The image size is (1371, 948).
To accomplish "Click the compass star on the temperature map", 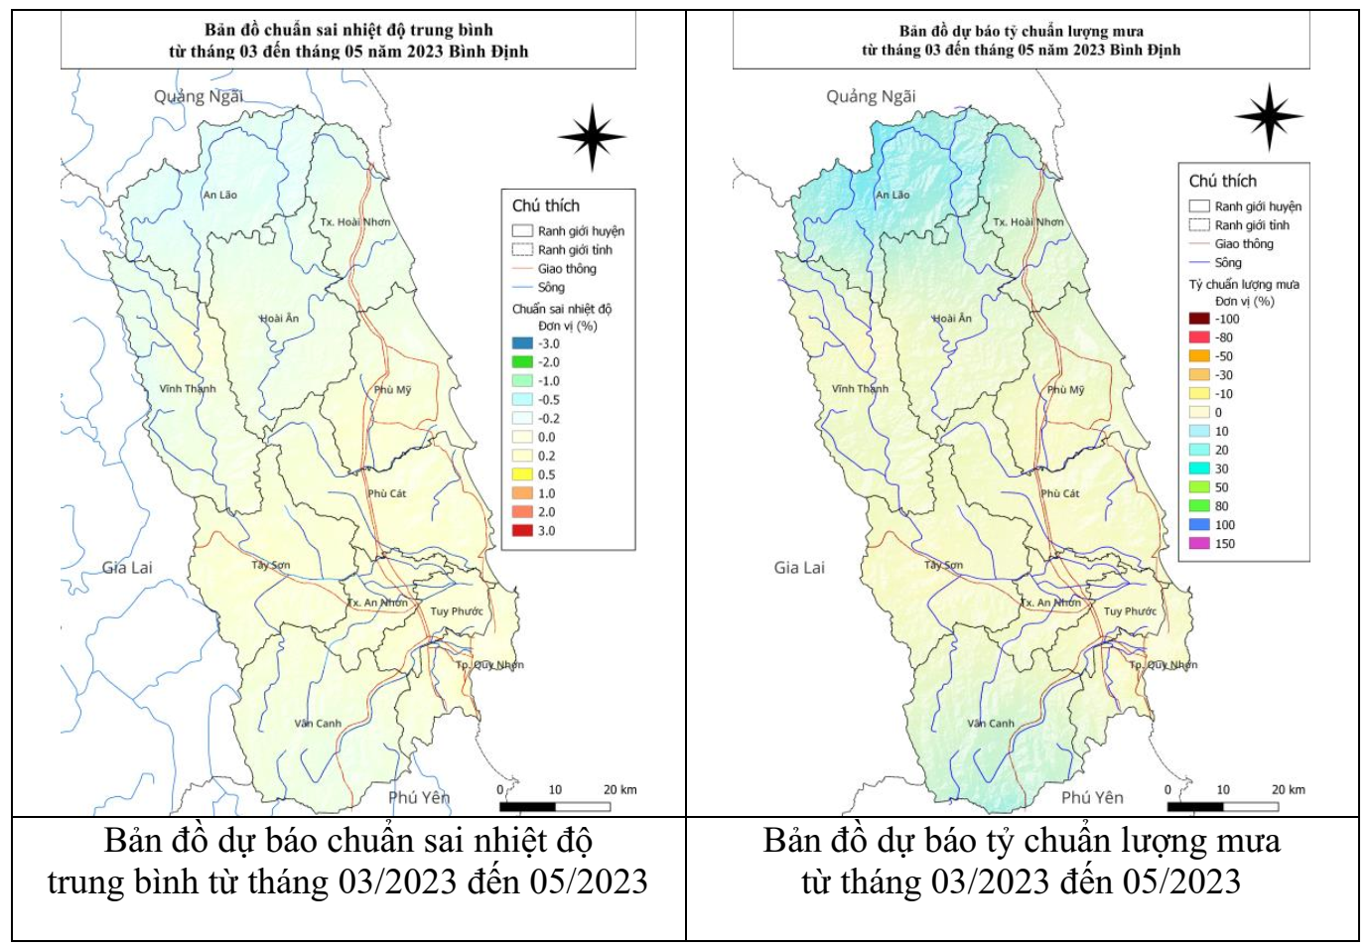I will [x=592, y=137].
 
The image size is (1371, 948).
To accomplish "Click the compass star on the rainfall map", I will [x=1269, y=117].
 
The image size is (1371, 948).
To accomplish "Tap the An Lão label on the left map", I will [x=219, y=195].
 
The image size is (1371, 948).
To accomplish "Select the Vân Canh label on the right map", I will [x=991, y=724].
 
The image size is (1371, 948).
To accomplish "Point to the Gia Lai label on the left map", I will [x=127, y=568].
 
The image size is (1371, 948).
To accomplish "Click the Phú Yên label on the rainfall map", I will [x=1092, y=797].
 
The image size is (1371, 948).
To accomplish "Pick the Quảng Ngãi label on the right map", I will [x=871, y=96].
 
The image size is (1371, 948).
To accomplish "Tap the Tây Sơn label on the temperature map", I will [x=270, y=565].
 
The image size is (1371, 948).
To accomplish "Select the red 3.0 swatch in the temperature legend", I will [x=522, y=531].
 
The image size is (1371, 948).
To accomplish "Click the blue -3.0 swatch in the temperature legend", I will [x=522, y=343].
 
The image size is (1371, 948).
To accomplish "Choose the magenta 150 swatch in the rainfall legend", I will [x=1199, y=544].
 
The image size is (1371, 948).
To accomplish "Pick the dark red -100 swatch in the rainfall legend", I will [x=1199, y=319].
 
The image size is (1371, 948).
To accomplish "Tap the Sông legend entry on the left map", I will [x=551, y=288].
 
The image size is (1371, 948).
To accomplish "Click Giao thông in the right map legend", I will [x=1243, y=244].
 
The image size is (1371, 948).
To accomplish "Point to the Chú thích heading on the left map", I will [x=545, y=205].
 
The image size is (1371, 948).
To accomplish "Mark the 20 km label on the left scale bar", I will [x=619, y=790].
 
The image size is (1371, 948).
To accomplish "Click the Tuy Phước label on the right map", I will [x=1130, y=611].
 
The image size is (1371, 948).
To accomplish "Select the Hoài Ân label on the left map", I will [x=279, y=319].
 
